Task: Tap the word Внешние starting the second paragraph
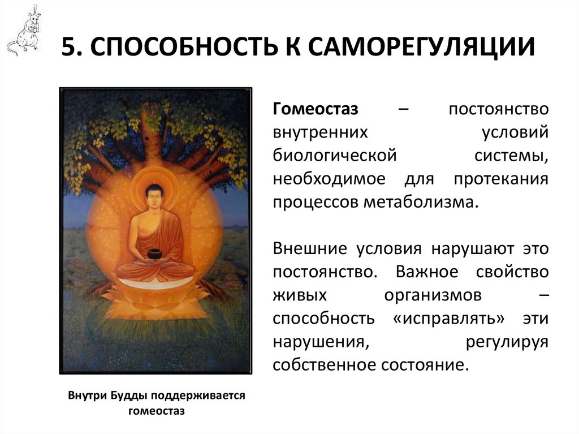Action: pyautogui.click(x=309, y=248)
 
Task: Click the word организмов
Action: pyautogui.click(x=433, y=294)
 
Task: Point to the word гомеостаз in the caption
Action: pyautogui.click(x=157, y=411)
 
